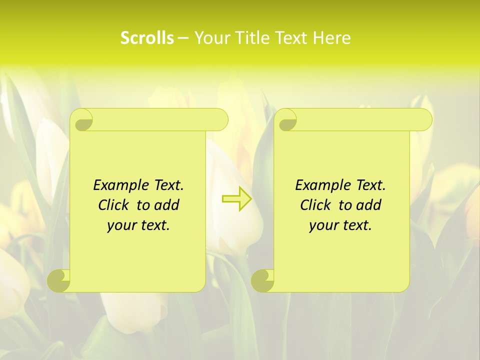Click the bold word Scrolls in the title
tap(147, 38)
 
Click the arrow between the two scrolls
tap(236, 199)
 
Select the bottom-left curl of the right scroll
tap(263, 280)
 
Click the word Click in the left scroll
tap(113, 205)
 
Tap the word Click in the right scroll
tap(315, 205)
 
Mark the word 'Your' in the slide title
tap(210, 38)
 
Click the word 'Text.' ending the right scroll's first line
tap(370, 185)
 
